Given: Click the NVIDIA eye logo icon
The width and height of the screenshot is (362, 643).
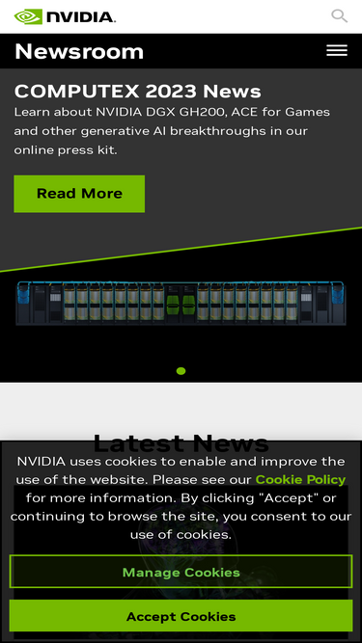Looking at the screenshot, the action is pos(28,16).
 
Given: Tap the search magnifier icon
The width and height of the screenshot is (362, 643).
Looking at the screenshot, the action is pos(340,16).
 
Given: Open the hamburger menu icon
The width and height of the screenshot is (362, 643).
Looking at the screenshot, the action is pos(337,50).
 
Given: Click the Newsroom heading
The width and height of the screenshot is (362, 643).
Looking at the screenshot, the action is pos(79,52).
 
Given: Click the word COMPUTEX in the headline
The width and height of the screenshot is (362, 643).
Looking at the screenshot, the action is pos(77,91).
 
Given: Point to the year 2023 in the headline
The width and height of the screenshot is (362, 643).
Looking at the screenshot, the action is pos(171,91).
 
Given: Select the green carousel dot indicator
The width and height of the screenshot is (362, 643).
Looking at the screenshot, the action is pos(181,371).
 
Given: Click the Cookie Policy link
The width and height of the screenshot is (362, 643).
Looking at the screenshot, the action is pos(300,479).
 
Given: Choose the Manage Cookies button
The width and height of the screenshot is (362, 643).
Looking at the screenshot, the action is pos(181,572).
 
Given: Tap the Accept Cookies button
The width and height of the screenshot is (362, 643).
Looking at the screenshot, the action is pos(181,616).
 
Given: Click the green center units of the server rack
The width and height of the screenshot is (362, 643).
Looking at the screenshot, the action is pos(181,306).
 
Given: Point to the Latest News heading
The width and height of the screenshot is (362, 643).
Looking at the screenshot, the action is pos(181,442).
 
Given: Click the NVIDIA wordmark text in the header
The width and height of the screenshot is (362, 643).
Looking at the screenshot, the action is pos(81,16).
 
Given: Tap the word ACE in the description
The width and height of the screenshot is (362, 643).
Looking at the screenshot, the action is pos(243,112).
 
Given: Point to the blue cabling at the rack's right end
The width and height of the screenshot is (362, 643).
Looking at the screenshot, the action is pos(338,293).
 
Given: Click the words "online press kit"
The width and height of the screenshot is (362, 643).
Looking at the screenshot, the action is pos(66,150).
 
